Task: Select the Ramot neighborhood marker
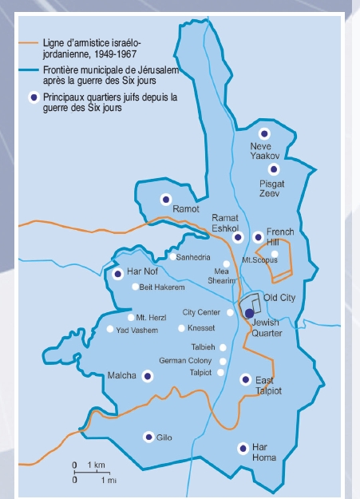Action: [166, 199]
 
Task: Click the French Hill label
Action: [280, 236]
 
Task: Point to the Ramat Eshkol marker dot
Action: [237, 237]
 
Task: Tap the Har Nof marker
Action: [118, 274]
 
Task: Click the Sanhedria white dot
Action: [172, 257]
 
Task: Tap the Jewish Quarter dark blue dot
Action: [249, 313]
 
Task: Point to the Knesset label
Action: [204, 328]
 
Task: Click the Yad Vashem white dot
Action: [110, 329]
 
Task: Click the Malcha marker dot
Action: [147, 376]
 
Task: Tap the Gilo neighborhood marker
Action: [148, 437]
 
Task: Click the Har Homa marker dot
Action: [242, 449]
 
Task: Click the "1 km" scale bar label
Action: [95, 465]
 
